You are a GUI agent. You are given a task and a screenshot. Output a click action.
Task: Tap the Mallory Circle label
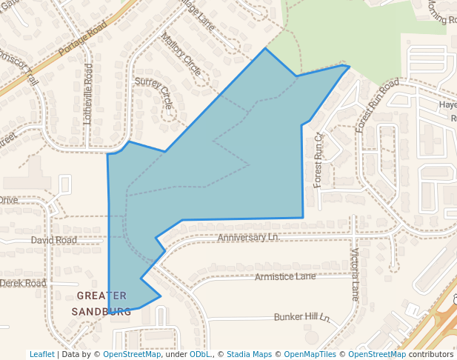pos(181,55)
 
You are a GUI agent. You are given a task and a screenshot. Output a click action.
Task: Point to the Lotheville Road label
pos(89,93)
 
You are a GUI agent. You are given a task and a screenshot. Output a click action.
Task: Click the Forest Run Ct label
pos(318,160)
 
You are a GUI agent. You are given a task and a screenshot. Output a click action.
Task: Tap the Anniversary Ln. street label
pos(247,238)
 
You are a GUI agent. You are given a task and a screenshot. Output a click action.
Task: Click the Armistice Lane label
pos(284,277)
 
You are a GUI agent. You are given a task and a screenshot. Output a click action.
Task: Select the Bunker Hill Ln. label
pos(301,317)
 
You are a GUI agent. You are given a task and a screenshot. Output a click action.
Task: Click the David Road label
pos(53,241)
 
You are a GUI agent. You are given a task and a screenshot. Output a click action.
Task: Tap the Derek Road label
pos(23,284)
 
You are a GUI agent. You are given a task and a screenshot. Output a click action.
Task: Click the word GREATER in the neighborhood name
pos(101,296)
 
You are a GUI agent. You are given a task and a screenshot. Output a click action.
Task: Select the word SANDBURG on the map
pos(101,311)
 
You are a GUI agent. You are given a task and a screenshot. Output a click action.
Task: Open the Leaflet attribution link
pos(41,355)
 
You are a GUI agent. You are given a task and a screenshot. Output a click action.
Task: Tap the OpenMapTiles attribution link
pos(310,355)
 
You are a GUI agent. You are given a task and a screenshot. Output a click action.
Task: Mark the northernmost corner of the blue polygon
pos(265,49)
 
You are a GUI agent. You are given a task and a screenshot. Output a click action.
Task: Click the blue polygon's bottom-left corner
pos(110,313)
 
